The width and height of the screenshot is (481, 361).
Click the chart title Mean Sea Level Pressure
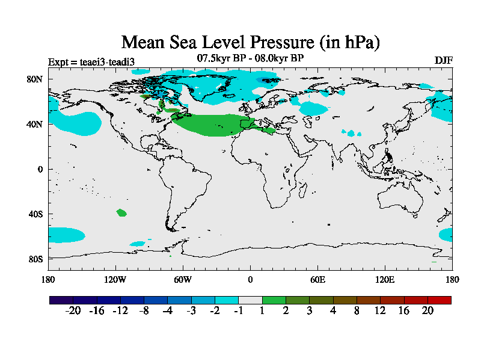pos(251,42)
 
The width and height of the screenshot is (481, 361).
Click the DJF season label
pos(444,61)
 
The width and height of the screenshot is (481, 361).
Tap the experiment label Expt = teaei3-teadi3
pos(91,61)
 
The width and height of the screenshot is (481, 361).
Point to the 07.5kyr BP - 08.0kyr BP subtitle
pos(250,58)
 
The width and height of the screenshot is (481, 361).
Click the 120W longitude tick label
pos(115,279)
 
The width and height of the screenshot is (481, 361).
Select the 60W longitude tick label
pos(183,279)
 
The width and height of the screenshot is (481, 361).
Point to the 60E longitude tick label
pos(317,279)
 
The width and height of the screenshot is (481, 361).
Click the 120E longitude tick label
pos(385,279)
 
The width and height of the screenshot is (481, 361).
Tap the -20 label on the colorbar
pos(73,310)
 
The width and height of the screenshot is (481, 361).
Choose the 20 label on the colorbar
pos(427,310)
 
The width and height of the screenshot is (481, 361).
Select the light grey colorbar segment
pos(250,300)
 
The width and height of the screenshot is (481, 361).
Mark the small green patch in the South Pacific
pos(121,212)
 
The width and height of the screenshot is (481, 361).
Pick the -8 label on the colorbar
pos(144,310)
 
